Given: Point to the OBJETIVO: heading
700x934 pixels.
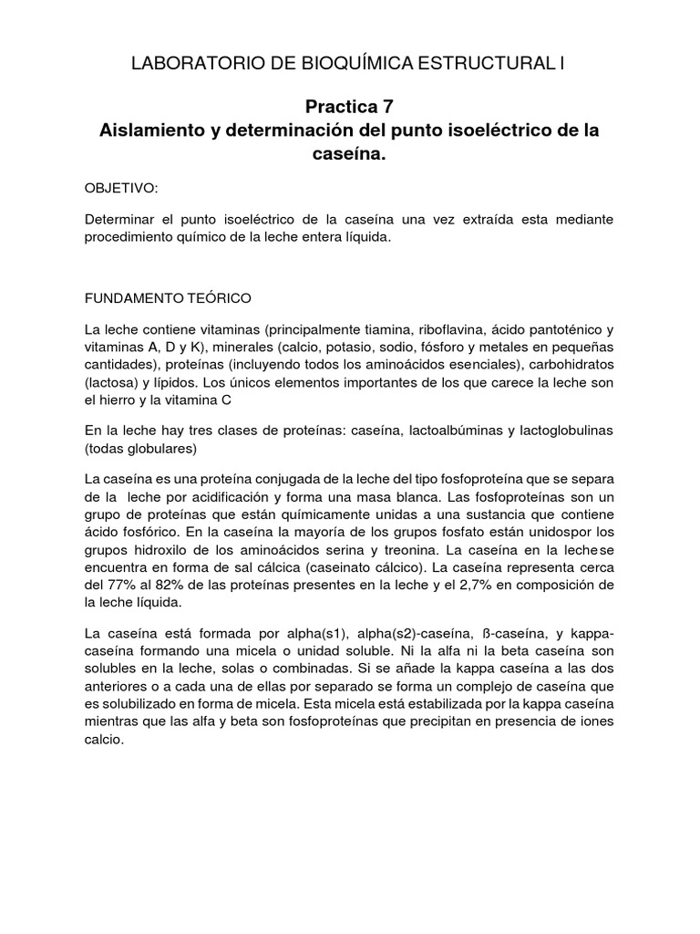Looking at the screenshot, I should (x=121, y=188).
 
